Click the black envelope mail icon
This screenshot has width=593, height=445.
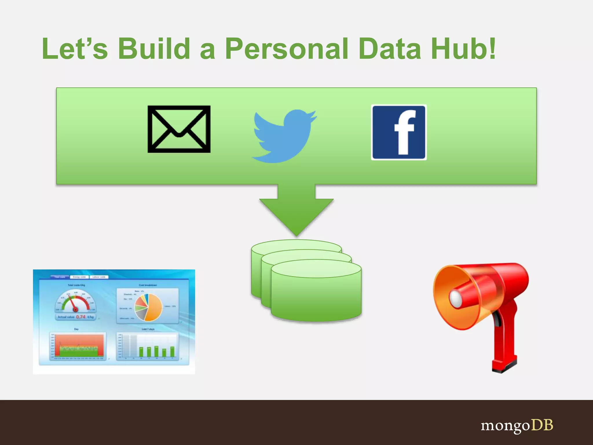click(179, 129)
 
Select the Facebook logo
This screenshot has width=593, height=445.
click(399, 132)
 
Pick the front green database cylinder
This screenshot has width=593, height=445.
click(316, 293)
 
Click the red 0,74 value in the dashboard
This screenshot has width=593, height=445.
click(81, 317)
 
